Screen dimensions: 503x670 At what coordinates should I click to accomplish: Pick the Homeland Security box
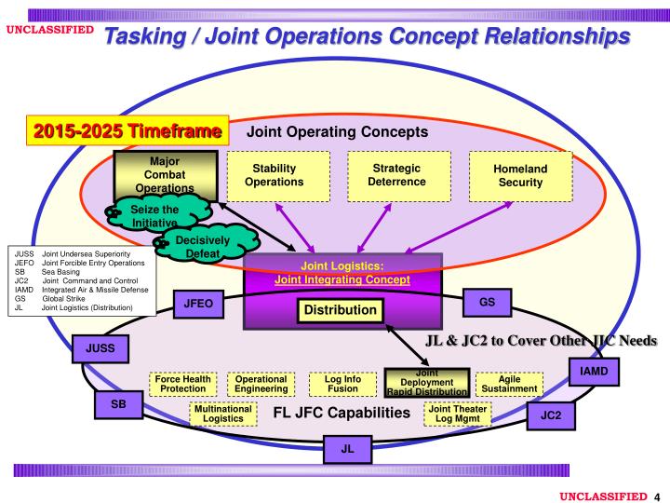tap(520, 175)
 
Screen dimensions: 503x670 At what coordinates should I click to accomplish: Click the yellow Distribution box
tap(337, 309)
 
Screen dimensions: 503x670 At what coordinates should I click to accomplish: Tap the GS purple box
tap(487, 303)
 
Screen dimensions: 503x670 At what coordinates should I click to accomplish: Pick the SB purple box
tap(118, 405)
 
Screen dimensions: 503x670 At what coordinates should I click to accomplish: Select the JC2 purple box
tap(552, 415)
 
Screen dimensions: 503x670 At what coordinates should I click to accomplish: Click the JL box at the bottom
tap(347, 448)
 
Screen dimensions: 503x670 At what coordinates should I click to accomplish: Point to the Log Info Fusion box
tap(342, 384)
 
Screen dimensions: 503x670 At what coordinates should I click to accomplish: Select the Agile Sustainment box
tap(509, 384)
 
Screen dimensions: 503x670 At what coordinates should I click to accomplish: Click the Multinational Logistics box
tap(224, 414)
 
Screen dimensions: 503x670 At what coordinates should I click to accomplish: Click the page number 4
tap(657, 495)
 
